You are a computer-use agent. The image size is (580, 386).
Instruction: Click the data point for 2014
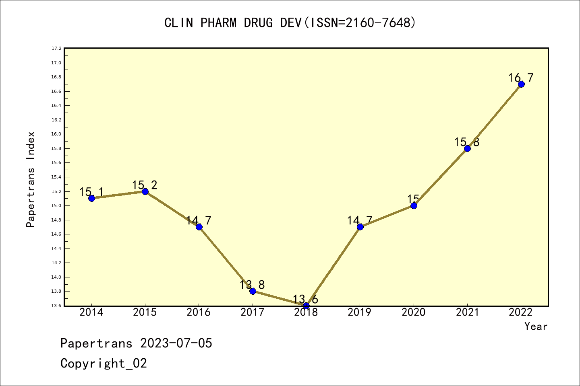(91, 198)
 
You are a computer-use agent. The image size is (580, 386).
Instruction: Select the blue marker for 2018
(306, 306)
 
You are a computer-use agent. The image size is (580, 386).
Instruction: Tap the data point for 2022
(521, 84)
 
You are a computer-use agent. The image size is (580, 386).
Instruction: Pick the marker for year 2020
(414, 205)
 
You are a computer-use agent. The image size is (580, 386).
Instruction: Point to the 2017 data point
(253, 291)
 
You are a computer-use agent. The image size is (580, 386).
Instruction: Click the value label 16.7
(521, 78)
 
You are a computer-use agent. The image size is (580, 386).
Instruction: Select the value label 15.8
(467, 142)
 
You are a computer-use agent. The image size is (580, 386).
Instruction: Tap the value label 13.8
(252, 285)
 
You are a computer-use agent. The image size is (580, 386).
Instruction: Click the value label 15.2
(145, 185)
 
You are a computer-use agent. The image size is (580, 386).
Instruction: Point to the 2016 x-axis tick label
(199, 312)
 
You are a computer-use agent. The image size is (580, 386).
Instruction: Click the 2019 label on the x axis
(360, 312)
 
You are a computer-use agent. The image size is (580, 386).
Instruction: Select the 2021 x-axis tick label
(467, 312)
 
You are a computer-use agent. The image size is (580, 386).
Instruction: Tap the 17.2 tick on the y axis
(56, 49)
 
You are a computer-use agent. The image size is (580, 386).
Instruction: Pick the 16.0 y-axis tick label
(56, 134)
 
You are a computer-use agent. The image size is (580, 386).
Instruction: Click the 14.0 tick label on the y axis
(56, 277)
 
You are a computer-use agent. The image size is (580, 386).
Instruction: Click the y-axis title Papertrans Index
(31, 179)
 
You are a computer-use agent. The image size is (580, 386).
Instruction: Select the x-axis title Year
(536, 326)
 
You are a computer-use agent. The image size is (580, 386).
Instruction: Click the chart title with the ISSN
(290, 23)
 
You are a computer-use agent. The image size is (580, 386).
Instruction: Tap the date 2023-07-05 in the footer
(176, 343)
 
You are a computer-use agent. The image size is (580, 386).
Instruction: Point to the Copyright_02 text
(104, 363)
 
